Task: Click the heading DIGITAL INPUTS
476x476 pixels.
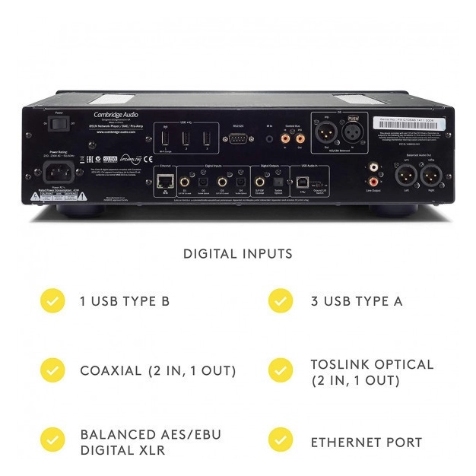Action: (238, 254)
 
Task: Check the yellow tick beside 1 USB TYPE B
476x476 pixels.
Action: (52, 300)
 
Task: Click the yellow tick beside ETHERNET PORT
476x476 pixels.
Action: (281, 441)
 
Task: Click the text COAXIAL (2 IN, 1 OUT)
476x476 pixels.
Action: (157, 371)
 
